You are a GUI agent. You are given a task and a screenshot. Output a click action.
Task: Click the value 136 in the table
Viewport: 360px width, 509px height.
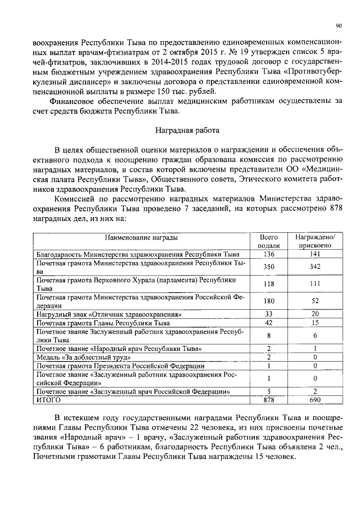pyautogui.click(x=269, y=254)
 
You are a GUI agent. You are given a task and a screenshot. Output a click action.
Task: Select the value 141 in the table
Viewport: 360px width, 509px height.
pyautogui.click(x=315, y=254)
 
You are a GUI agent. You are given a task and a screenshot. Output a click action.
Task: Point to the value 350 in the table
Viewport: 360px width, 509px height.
pyautogui.click(x=269, y=267)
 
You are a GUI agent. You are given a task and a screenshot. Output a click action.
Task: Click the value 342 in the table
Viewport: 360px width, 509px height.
pyautogui.click(x=315, y=267)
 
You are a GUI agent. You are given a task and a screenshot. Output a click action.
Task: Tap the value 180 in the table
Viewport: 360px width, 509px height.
pyautogui.click(x=269, y=301)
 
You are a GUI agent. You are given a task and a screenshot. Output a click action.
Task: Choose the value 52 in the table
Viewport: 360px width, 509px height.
pyautogui.click(x=315, y=301)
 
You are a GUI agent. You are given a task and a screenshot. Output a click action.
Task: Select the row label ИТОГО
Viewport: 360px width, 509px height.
pyautogui.click(x=48, y=399)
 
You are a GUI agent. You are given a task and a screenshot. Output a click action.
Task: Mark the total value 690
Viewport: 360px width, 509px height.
pyautogui.click(x=315, y=399)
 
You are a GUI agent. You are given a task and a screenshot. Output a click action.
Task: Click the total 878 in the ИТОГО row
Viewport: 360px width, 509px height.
pyautogui.click(x=269, y=399)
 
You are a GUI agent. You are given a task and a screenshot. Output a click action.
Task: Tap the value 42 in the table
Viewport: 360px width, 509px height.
pyautogui.click(x=269, y=323)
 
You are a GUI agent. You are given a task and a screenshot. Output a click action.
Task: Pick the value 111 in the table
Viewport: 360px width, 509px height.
pyautogui.click(x=315, y=284)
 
